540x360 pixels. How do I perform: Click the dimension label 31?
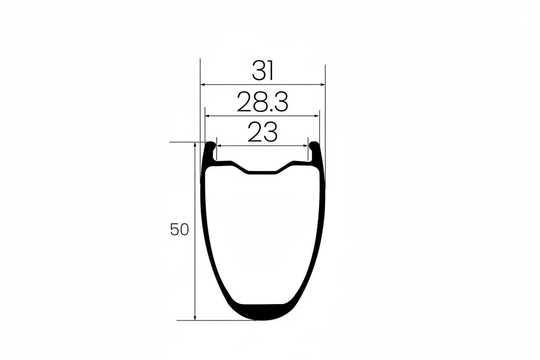[262, 70]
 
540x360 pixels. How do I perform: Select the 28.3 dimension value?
[262, 102]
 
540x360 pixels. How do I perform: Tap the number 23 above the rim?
[262, 132]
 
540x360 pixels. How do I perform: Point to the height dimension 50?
[180, 229]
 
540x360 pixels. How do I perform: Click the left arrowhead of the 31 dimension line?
[203, 85]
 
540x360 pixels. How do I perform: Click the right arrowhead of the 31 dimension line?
[323, 85]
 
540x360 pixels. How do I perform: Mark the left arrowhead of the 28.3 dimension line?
[207, 116]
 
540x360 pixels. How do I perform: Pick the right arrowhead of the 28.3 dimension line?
[317, 116]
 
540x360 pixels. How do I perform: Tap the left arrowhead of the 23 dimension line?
[219, 146]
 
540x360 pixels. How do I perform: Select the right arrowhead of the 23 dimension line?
[306, 146]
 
